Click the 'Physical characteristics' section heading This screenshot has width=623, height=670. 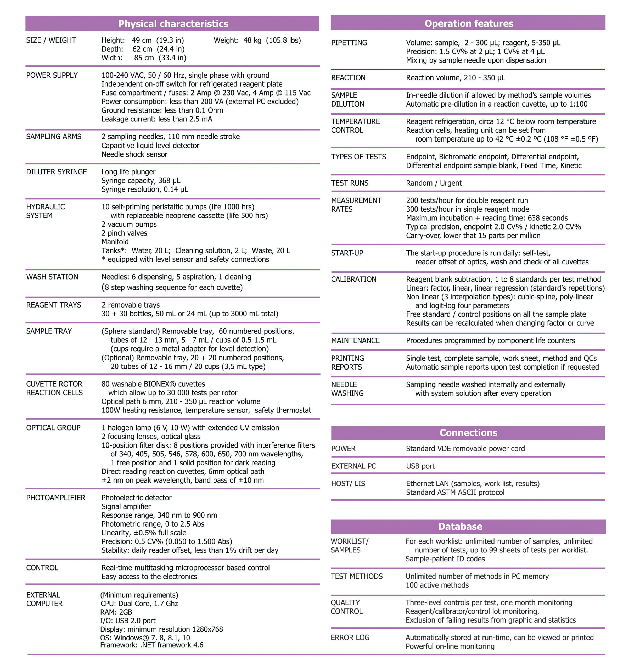[173, 24]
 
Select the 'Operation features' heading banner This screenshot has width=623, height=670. [469, 23]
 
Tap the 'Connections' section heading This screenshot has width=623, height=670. [468, 432]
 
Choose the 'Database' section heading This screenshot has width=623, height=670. [460, 526]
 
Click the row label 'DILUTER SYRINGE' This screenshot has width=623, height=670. [56, 172]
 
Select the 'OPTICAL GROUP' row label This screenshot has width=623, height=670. [53, 428]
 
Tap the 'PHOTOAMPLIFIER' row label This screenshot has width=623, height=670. [55, 498]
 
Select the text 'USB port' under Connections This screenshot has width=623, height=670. [420, 466]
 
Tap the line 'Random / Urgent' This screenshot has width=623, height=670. [434, 183]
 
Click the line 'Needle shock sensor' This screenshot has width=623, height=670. [134, 154]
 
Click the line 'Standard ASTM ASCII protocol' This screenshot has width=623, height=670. [455, 492]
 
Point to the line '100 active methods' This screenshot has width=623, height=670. [437, 585]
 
